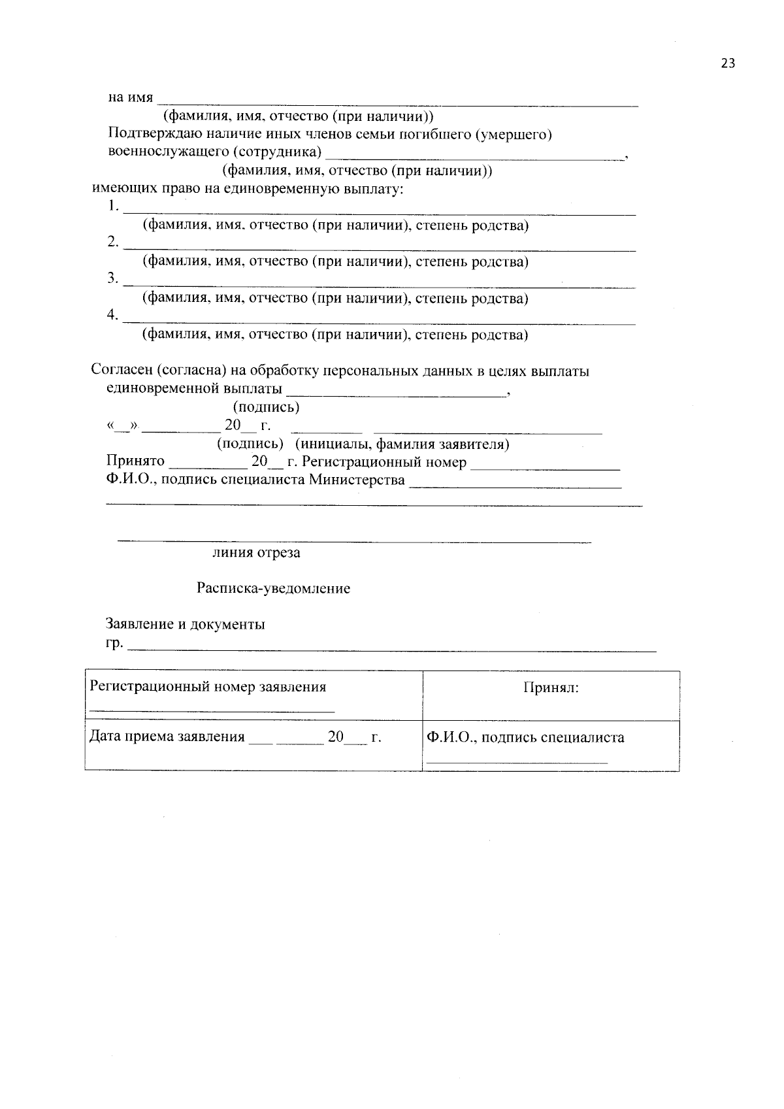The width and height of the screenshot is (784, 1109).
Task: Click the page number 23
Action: [728, 63]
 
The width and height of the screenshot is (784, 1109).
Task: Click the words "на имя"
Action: [131, 98]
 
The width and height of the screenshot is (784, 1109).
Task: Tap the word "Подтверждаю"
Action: [148, 135]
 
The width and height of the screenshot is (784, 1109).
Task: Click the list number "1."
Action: [113, 207]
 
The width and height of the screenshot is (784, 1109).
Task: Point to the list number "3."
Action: [113, 279]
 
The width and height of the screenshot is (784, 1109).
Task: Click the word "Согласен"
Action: [122, 371]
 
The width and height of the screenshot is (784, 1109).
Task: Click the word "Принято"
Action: [135, 462]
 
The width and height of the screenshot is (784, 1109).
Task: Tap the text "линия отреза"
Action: [256, 553]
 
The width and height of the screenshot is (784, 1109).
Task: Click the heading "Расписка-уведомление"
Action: [273, 589]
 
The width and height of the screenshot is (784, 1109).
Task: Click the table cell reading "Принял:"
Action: [550, 688]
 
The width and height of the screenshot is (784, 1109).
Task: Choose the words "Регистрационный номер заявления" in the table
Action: [208, 687]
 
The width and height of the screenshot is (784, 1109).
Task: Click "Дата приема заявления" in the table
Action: [167, 737]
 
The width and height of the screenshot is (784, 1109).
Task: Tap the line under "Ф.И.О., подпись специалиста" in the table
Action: [517, 762]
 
